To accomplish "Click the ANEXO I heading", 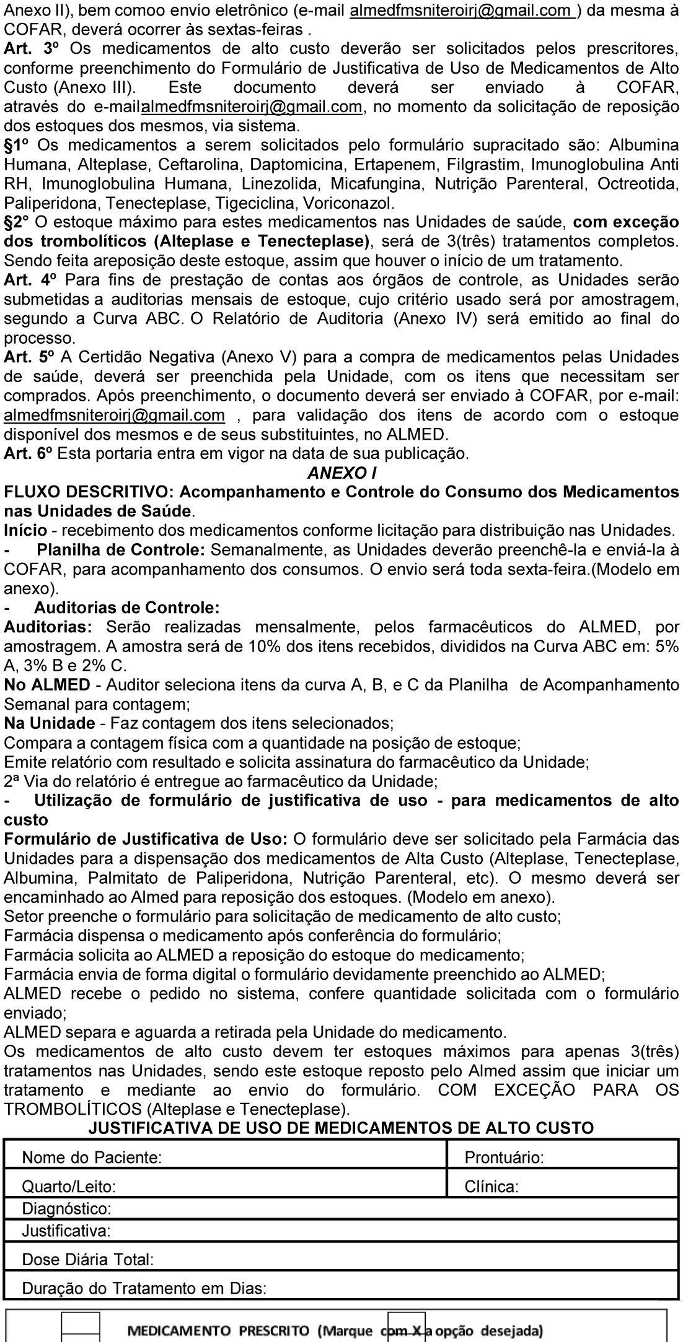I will pyautogui.click(x=341, y=473).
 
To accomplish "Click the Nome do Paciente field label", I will pyautogui.click(x=92, y=1157).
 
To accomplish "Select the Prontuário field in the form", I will pyautogui.click(x=504, y=1157).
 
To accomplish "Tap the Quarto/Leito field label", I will pyautogui.click(x=69, y=1187).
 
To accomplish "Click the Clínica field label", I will pyautogui.click(x=491, y=1187).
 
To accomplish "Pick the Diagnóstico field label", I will pyautogui.click(x=67, y=1208).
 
